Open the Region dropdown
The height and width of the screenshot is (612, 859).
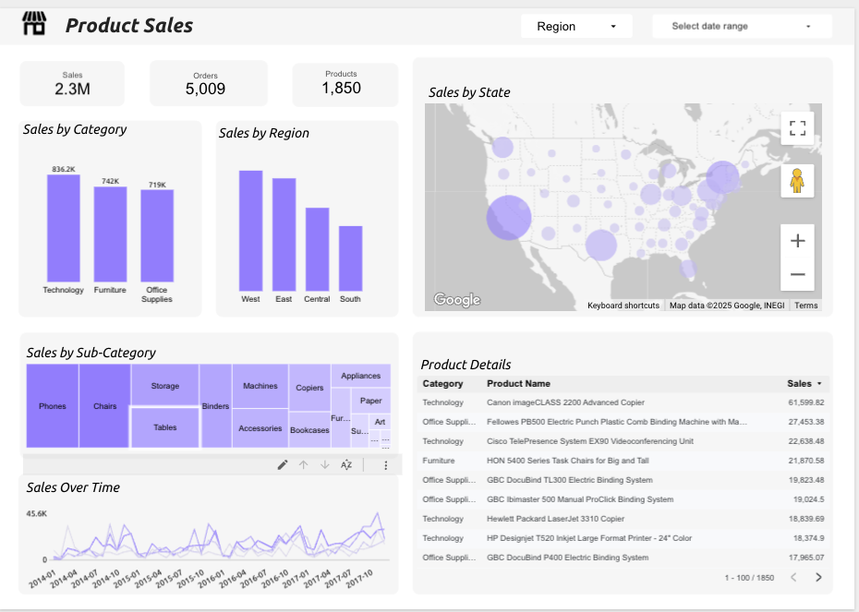[x=576, y=27]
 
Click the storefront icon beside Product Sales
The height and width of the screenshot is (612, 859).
[x=34, y=25]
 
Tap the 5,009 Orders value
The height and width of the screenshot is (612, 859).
[x=205, y=89]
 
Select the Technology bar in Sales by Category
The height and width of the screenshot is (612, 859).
[x=64, y=228]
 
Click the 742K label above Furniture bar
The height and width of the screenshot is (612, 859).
[x=110, y=181]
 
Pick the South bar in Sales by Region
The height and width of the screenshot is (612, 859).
[x=350, y=258]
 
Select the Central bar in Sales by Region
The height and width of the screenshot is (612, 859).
[x=317, y=249]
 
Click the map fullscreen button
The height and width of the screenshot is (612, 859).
[x=797, y=127]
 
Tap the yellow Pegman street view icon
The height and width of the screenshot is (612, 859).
[x=797, y=182]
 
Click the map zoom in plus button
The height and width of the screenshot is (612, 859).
[x=797, y=241]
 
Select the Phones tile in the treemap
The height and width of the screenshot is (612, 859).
[x=53, y=406]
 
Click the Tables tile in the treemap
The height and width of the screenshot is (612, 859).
[x=165, y=427]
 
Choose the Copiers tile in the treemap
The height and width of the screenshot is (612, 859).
[x=309, y=388]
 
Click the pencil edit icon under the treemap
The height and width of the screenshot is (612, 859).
[x=283, y=465]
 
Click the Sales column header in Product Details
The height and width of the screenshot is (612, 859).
[x=800, y=383]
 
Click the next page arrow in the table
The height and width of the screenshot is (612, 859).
[x=817, y=578]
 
